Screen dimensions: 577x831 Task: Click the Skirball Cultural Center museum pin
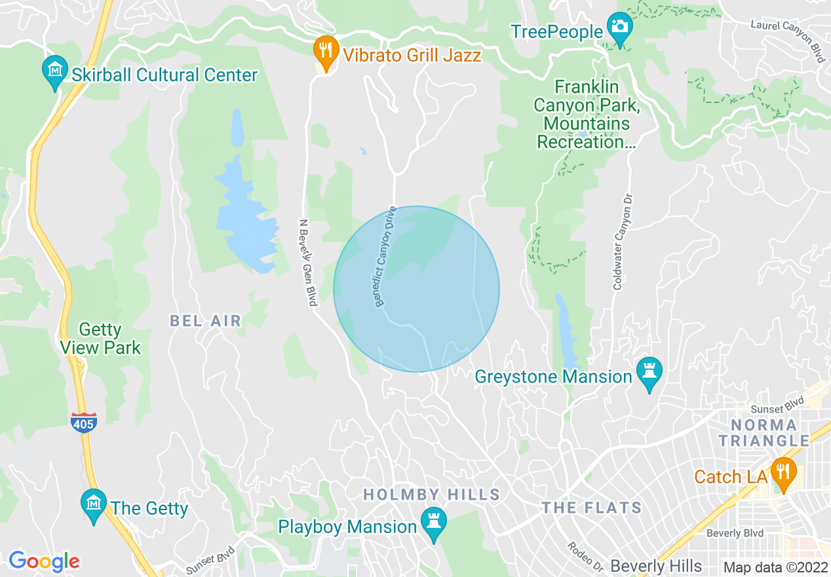[55, 69]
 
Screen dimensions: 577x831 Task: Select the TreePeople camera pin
[619, 28]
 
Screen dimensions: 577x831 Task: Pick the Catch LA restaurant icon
[783, 471]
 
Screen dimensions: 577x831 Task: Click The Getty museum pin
[93, 504]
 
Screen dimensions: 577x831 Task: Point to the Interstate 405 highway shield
[84, 423]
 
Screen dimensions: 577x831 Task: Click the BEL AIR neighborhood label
[206, 321]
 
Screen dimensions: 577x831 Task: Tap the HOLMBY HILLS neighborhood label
[432, 494]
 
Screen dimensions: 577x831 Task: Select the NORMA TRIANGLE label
[764, 433]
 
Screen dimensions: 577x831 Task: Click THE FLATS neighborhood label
[592, 507]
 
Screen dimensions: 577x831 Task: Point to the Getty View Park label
[100, 338]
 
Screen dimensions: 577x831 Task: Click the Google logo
[44, 561]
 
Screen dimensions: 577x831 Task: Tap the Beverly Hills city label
[656, 566]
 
